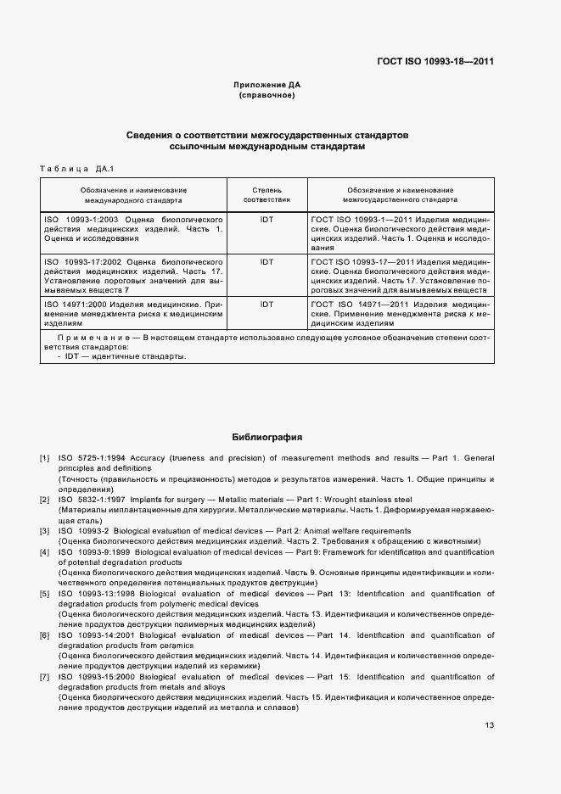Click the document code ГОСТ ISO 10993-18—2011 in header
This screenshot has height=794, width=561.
tap(435, 61)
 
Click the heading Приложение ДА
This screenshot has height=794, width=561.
tap(267, 86)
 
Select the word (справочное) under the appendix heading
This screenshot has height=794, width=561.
tap(267, 96)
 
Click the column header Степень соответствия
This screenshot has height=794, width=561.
tap(266, 196)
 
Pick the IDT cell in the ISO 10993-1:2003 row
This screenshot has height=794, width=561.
tap(266, 219)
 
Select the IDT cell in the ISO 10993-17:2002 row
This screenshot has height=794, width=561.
tap(266, 262)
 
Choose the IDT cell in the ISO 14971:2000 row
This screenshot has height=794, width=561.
tap(266, 304)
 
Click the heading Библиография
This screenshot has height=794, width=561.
tap(267, 438)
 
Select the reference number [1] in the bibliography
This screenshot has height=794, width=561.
tap(45, 458)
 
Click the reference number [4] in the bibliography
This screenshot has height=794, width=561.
tap(45, 552)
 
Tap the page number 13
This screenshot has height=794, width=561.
tap(490, 725)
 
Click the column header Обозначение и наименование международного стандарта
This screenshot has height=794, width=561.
tap(133, 196)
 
